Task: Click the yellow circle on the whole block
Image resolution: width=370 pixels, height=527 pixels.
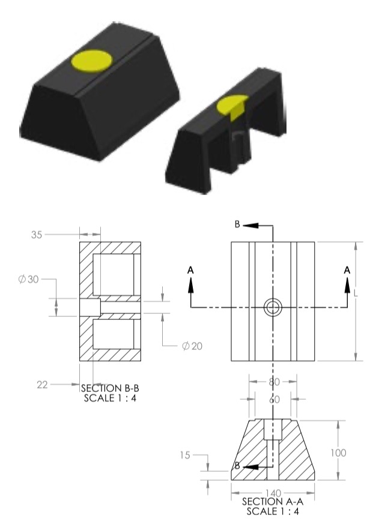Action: click(91, 60)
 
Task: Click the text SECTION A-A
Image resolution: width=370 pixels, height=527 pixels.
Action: click(271, 501)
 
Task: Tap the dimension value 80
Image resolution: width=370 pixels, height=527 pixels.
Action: click(273, 381)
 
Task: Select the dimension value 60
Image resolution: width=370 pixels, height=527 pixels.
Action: click(273, 399)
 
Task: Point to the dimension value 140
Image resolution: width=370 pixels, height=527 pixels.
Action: click(273, 492)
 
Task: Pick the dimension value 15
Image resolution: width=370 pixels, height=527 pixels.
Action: click(185, 456)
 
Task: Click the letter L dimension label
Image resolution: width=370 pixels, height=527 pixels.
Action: click(356, 294)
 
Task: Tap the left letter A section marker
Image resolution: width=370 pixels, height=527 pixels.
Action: click(191, 271)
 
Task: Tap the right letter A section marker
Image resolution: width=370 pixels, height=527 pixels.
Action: click(347, 271)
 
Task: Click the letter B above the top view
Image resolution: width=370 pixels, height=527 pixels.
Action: click(237, 224)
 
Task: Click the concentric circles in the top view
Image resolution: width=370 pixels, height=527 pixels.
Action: click(273, 307)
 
